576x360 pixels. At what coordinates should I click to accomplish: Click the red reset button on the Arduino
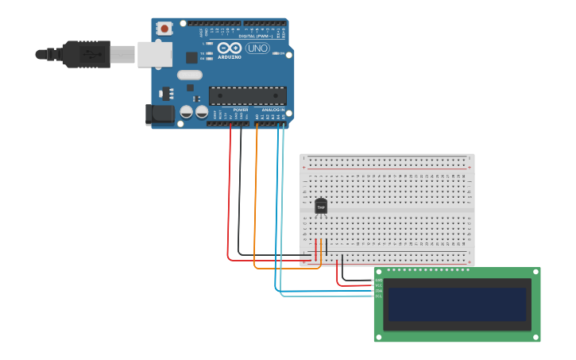pyautogui.click(x=164, y=29)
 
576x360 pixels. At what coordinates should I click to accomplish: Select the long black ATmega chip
pyautogui.click(x=247, y=95)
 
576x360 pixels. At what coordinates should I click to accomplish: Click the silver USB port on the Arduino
pyautogui.click(x=154, y=54)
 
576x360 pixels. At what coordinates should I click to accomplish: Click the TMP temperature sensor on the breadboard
pyautogui.click(x=321, y=206)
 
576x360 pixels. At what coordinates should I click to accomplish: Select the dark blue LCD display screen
pyautogui.click(x=457, y=304)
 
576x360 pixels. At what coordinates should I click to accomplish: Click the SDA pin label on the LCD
pyautogui.click(x=378, y=291)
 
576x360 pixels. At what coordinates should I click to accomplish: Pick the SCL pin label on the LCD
pyautogui.click(x=378, y=296)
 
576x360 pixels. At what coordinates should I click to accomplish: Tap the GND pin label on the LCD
pyautogui.click(x=378, y=280)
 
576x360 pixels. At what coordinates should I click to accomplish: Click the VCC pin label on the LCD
pyautogui.click(x=378, y=285)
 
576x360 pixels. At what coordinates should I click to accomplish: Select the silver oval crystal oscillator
pyautogui.click(x=190, y=75)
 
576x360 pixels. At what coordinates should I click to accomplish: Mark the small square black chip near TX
pyautogui.click(x=191, y=57)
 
